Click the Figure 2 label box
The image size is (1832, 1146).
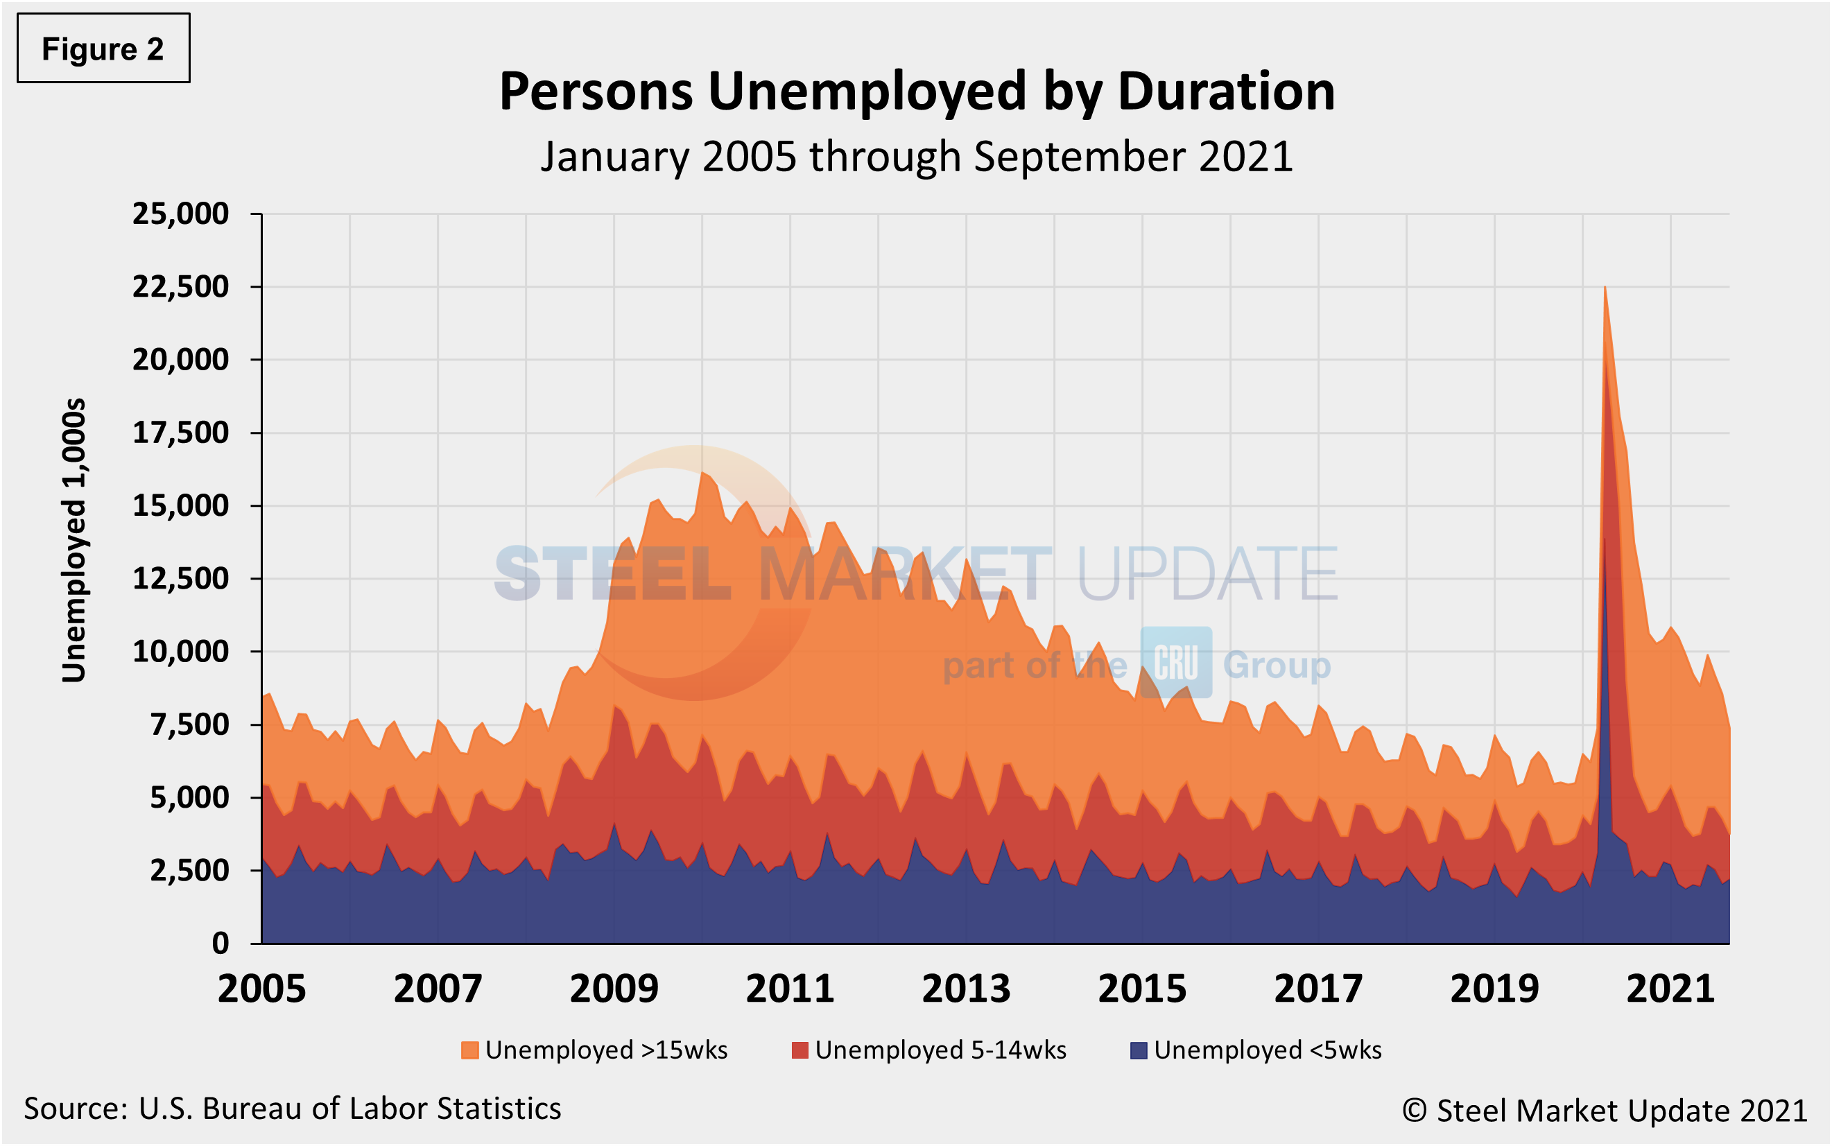(x=103, y=49)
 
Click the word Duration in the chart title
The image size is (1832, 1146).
(x=1226, y=92)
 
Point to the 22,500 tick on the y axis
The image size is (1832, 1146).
(x=180, y=286)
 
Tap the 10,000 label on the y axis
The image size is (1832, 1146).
(x=180, y=651)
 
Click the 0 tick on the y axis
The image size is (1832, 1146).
(x=220, y=943)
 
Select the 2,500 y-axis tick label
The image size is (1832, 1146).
(x=189, y=870)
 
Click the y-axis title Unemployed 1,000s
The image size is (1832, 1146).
(x=74, y=540)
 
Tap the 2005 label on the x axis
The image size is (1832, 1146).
(x=261, y=989)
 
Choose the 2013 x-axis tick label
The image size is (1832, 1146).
(x=966, y=989)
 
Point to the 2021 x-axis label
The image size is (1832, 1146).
(x=1670, y=989)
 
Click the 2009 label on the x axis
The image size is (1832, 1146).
(x=614, y=989)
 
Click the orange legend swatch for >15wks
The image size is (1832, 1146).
(x=469, y=1050)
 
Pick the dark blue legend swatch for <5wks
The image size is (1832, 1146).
(x=1138, y=1050)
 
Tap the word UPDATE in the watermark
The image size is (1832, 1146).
(x=1207, y=574)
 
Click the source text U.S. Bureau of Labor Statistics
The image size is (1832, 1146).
(x=349, y=1109)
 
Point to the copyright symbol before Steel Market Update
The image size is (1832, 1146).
(x=1415, y=1111)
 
